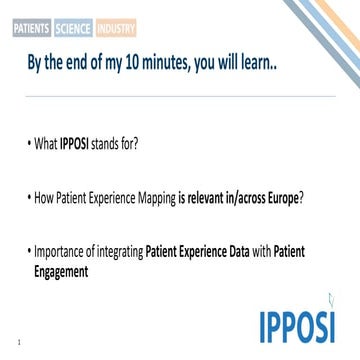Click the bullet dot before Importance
(30, 253)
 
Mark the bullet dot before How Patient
(30, 198)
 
